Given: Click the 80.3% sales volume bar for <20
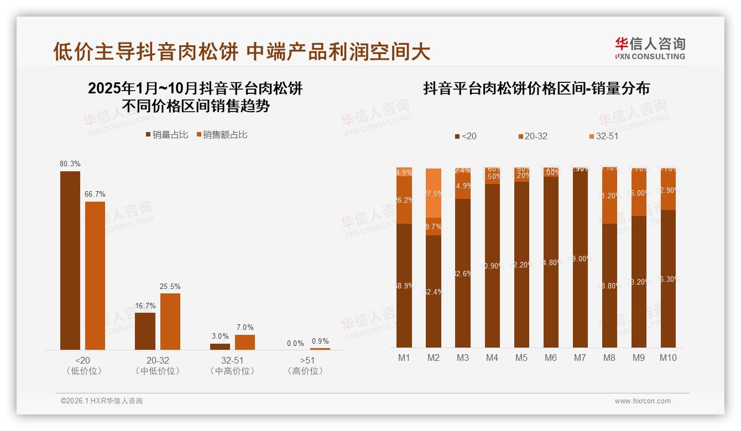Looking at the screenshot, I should click(70, 260).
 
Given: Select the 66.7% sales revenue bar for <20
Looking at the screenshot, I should click(95, 275).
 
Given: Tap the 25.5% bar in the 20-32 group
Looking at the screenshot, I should click(170, 321).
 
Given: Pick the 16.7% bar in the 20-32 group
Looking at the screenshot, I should click(145, 331).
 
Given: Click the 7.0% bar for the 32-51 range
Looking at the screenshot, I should click(245, 342).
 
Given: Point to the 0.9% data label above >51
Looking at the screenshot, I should click(320, 341).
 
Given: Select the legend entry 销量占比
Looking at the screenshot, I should click(166, 135).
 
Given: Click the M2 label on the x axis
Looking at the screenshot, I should click(434, 358).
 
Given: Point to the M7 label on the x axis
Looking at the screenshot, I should click(580, 358).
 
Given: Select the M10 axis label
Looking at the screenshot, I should click(668, 358).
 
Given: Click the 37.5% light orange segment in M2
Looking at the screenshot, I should click(434, 193).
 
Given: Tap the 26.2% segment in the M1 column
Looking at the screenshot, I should click(404, 200).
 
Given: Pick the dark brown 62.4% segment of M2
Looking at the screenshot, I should click(434, 291).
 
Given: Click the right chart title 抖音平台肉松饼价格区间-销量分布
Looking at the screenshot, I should click(536, 88).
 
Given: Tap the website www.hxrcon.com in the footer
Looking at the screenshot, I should click(643, 401).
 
